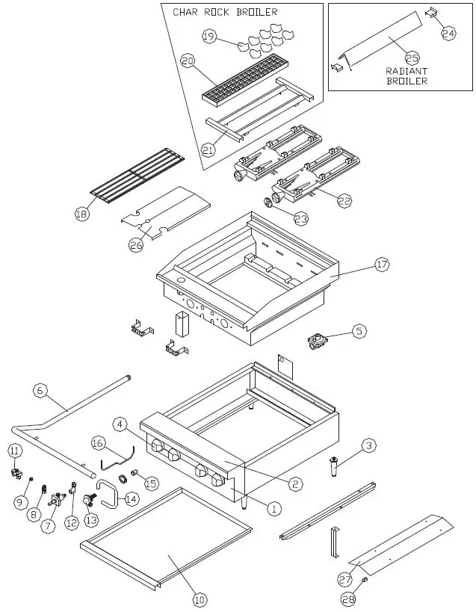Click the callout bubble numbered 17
pyautogui.click(x=382, y=264)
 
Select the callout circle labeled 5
pyautogui.click(x=359, y=330)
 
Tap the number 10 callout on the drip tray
pyautogui.click(x=199, y=599)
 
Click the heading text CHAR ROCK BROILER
pyautogui.click(x=225, y=12)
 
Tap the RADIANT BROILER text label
pyautogui.click(x=407, y=75)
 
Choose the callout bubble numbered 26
pyautogui.click(x=136, y=246)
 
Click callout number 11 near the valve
pyautogui.click(x=14, y=451)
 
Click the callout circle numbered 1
pyautogui.click(x=273, y=508)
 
